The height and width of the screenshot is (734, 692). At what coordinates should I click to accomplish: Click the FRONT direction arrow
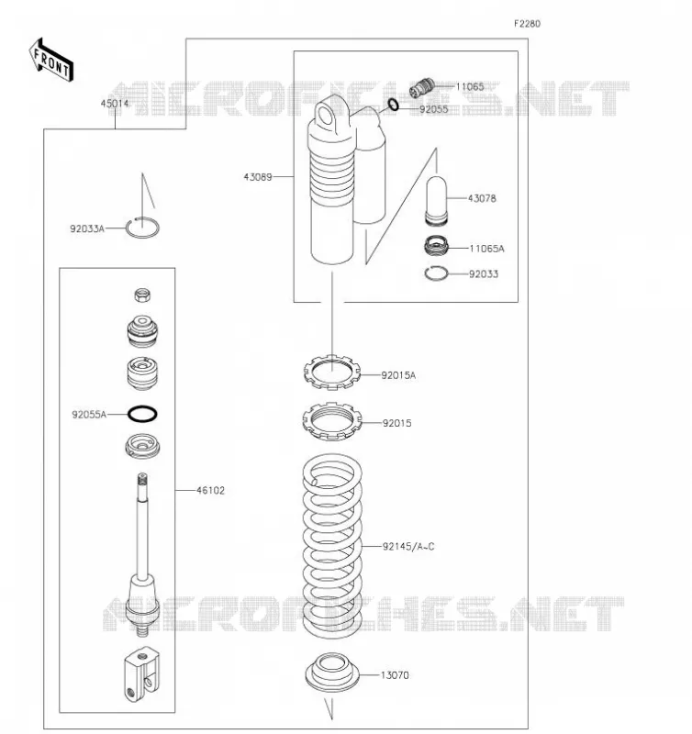pos(51,61)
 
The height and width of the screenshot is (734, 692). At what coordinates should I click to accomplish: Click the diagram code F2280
pos(527,24)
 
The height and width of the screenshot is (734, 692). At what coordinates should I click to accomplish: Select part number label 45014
pos(114,104)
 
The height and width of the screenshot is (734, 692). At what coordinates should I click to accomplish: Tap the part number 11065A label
pos(486,249)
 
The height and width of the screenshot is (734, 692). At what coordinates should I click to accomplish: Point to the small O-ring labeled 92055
pos(394,105)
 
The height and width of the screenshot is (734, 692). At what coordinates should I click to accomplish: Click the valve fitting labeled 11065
pos(422,87)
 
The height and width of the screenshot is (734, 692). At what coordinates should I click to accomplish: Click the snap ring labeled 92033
pos(436,273)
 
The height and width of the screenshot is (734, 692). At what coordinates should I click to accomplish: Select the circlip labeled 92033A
pos(142,228)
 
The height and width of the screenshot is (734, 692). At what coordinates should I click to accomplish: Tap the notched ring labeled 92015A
pos(332,373)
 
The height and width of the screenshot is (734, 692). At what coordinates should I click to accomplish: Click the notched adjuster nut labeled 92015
pos(332,421)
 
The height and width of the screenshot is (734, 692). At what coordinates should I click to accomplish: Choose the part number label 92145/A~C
pos(408,546)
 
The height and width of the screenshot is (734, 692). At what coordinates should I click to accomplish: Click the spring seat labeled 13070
pos(332,673)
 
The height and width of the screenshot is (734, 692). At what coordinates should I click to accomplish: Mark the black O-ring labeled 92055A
pos(142,414)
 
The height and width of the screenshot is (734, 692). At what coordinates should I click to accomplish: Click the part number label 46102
pos(210,491)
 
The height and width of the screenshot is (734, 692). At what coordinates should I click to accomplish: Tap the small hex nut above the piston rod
pos(142,295)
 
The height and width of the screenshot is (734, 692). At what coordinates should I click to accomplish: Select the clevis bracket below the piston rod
pos(142,674)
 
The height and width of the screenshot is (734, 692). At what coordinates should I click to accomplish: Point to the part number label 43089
pos(258,177)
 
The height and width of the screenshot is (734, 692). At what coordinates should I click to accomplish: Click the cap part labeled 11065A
pos(436,246)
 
